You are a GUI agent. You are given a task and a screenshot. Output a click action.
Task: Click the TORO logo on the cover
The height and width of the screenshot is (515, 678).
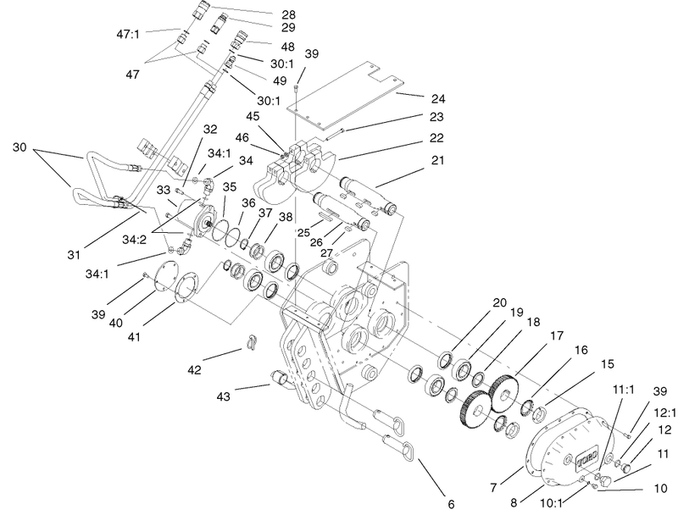point(586,458)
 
